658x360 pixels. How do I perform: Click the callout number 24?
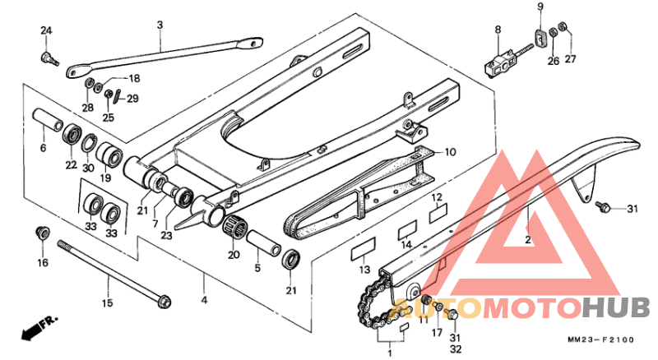pyautogui.click(x=46, y=31)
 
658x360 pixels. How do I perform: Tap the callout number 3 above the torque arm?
pyautogui.click(x=160, y=25)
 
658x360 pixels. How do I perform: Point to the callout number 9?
pyautogui.click(x=540, y=7)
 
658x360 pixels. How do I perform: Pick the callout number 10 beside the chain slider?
pyautogui.click(x=450, y=152)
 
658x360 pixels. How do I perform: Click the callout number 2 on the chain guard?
pyautogui.click(x=527, y=241)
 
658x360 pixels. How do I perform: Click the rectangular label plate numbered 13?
pyautogui.click(x=362, y=247)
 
